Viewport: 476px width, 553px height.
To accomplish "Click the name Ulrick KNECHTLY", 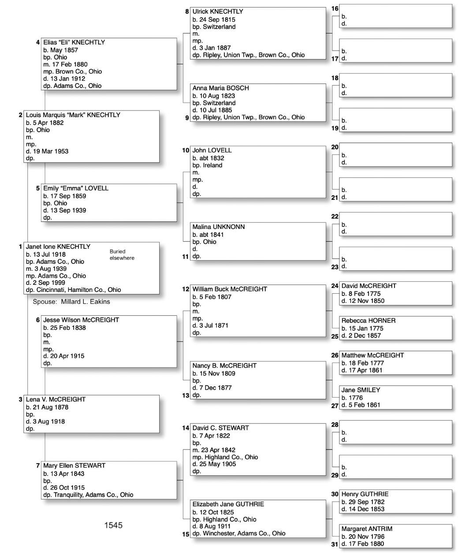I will [x=218, y=11].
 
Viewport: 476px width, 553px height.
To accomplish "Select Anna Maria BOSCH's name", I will [x=220, y=88].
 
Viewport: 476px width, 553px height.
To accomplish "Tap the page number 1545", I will [x=113, y=525].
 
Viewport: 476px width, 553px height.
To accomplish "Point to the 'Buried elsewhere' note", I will [x=122, y=254].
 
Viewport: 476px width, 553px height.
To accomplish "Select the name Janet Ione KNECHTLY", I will [x=58, y=247].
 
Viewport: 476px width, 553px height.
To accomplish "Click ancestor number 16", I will [x=335, y=9].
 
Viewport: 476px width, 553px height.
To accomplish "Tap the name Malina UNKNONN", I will [x=219, y=227].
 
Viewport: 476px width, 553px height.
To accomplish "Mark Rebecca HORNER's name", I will [x=368, y=321].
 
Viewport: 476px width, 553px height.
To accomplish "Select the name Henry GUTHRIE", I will [x=365, y=494].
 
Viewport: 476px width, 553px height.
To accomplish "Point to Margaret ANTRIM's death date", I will [x=366, y=543].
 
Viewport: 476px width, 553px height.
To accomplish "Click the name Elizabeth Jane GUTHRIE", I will [x=228, y=504].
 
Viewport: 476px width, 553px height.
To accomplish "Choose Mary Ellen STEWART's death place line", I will [x=88, y=494].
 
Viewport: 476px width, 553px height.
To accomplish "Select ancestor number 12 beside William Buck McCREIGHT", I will [x=186, y=289].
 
